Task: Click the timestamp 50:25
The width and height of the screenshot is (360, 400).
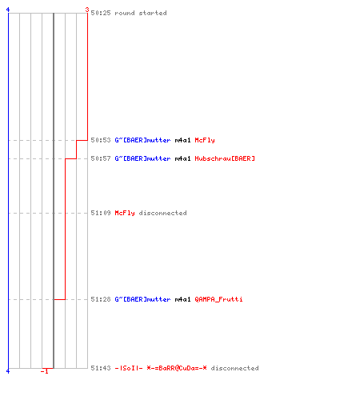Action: click(x=101, y=13)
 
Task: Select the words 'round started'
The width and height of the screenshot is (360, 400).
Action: click(x=141, y=13)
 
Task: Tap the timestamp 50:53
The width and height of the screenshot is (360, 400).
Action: click(x=101, y=140)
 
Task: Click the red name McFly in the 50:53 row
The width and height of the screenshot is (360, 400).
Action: click(x=205, y=140)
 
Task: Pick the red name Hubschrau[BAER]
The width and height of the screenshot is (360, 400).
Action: click(x=225, y=158)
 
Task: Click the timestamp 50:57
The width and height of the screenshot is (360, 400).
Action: click(x=101, y=158)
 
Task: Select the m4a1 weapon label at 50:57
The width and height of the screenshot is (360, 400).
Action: click(x=182, y=158)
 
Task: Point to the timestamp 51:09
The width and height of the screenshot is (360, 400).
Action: click(x=101, y=213)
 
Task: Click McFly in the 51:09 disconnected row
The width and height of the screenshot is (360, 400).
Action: click(x=125, y=213)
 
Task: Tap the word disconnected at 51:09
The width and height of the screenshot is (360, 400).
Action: click(x=162, y=213)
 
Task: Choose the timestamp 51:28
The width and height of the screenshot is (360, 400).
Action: click(x=101, y=299)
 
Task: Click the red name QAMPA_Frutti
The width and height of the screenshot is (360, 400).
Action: click(x=218, y=299)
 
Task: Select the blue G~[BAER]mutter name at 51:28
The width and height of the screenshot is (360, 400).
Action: click(x=142, y=299)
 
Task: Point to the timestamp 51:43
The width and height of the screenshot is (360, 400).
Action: click(x=101, y=368)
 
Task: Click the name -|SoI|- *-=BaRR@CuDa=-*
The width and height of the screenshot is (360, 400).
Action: click(x=161, y=368)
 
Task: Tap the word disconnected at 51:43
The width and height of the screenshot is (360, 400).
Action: click(x=234, y=368)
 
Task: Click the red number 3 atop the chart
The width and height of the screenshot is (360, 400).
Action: click(x=87, y=10)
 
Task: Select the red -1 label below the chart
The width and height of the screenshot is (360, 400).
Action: click(x=45, y=371)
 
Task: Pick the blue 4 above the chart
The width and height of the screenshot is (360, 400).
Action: click(x=8, y=10)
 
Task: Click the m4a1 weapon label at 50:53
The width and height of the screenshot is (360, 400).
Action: click(x=182, y=140)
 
